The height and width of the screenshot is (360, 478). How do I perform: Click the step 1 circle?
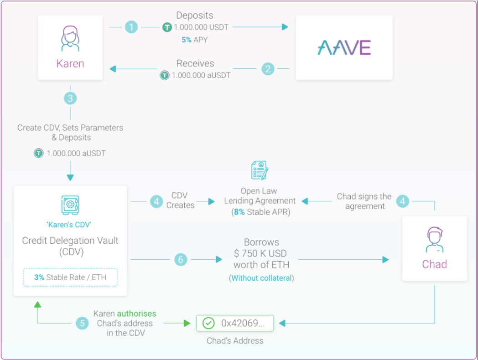(132, 27)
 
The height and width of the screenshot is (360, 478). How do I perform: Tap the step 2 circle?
(268, 69)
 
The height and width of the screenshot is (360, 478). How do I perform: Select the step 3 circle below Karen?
(70, 98)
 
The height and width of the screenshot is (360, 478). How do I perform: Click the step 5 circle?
(83, 323)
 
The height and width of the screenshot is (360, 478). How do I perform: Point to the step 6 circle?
(181, 260)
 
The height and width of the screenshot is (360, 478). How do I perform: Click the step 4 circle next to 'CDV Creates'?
(157, 201)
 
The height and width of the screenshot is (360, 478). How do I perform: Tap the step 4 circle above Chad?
(403, 201)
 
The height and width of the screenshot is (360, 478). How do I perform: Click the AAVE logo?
(344, 47)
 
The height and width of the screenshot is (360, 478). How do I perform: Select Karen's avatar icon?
(70, 38)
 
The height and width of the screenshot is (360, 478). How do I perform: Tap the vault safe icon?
(70, 205)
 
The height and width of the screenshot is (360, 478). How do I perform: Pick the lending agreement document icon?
(260, 170)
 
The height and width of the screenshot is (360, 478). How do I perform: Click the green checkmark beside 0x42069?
(208, 323)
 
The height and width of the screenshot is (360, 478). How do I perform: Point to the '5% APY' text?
(194, 40)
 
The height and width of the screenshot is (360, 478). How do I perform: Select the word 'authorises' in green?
(136, 314)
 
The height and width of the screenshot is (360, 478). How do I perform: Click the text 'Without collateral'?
(261, 278)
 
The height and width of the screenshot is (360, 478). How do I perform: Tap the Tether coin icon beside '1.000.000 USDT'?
(167, 27)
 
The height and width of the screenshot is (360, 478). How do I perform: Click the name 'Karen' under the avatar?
(70, 63)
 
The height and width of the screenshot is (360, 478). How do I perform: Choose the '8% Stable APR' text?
(261, 211)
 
